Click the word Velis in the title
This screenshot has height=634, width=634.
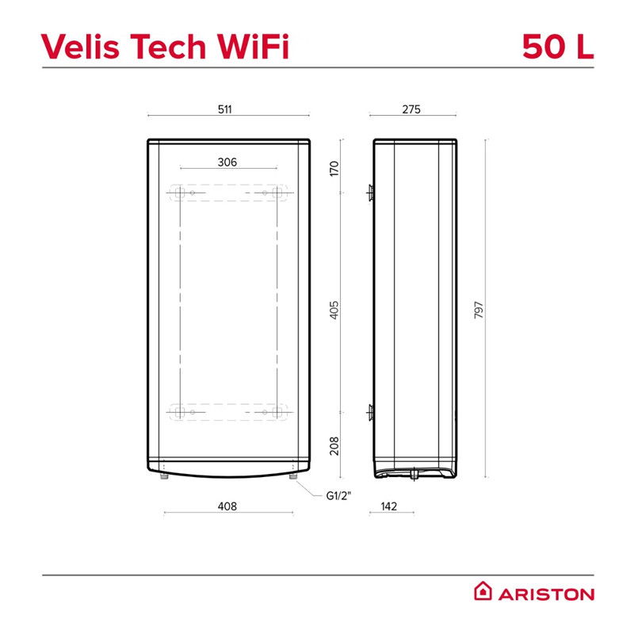click(x=81, y=46)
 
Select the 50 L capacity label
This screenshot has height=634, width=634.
click(x=558, y=46)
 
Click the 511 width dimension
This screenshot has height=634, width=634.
click(x=225, y=109)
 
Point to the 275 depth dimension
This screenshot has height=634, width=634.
click(x=411, y=109)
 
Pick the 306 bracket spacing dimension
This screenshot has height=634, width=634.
click(x=227, y=162)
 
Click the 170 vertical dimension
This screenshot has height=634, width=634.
click(x=334, y=168)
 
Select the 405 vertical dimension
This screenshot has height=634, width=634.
click(x=334, y=310)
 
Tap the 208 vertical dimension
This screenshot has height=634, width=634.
click(x=334, y=445)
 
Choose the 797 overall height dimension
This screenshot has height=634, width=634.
click(x=479, y=310)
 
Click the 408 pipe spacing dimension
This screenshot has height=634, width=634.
click(x=227, y=506)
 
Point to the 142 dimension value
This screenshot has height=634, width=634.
click(x=389, y=506)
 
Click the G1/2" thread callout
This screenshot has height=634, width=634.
click(x=339, y=495)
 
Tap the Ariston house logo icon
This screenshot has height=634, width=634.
click(x=483, y=590)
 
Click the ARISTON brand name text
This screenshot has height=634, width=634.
click(x=546, y=594)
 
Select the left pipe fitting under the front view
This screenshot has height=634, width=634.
click(x=164, y=476)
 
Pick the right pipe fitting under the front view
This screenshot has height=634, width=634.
click(x=293, y=476)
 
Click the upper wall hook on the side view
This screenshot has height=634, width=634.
click(x=370, y=193)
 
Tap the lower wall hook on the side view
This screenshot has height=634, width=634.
click(x=370, y=412)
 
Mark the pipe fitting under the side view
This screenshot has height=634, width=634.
click(x=414, y=474)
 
